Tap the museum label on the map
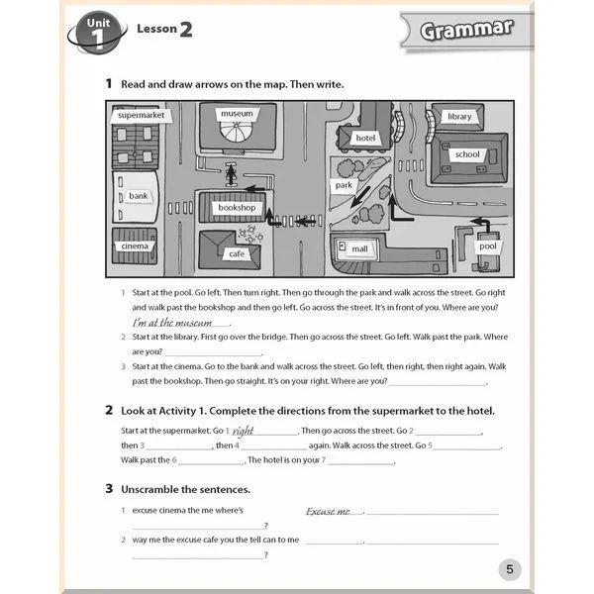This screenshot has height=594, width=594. point(237,114)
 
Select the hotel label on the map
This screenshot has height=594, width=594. point(365,138)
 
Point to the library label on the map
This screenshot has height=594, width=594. point(459,116)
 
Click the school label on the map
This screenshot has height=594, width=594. point(466,154)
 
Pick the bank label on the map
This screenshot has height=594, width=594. point(138,196)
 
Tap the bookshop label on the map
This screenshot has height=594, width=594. point(237,208)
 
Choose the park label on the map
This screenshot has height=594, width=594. point(344,185)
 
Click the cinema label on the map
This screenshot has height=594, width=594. point(134,246)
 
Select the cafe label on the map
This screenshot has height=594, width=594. point(237,253)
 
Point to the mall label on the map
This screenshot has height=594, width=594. point(359,248)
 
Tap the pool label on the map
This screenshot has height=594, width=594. point(488,245)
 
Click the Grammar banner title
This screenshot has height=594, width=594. point(466,29)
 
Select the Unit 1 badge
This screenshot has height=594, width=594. point(96,31)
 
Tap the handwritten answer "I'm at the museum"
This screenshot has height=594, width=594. point(179,323)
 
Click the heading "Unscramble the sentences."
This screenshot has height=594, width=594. point(185,489)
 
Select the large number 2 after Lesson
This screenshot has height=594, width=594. point(184,29)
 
